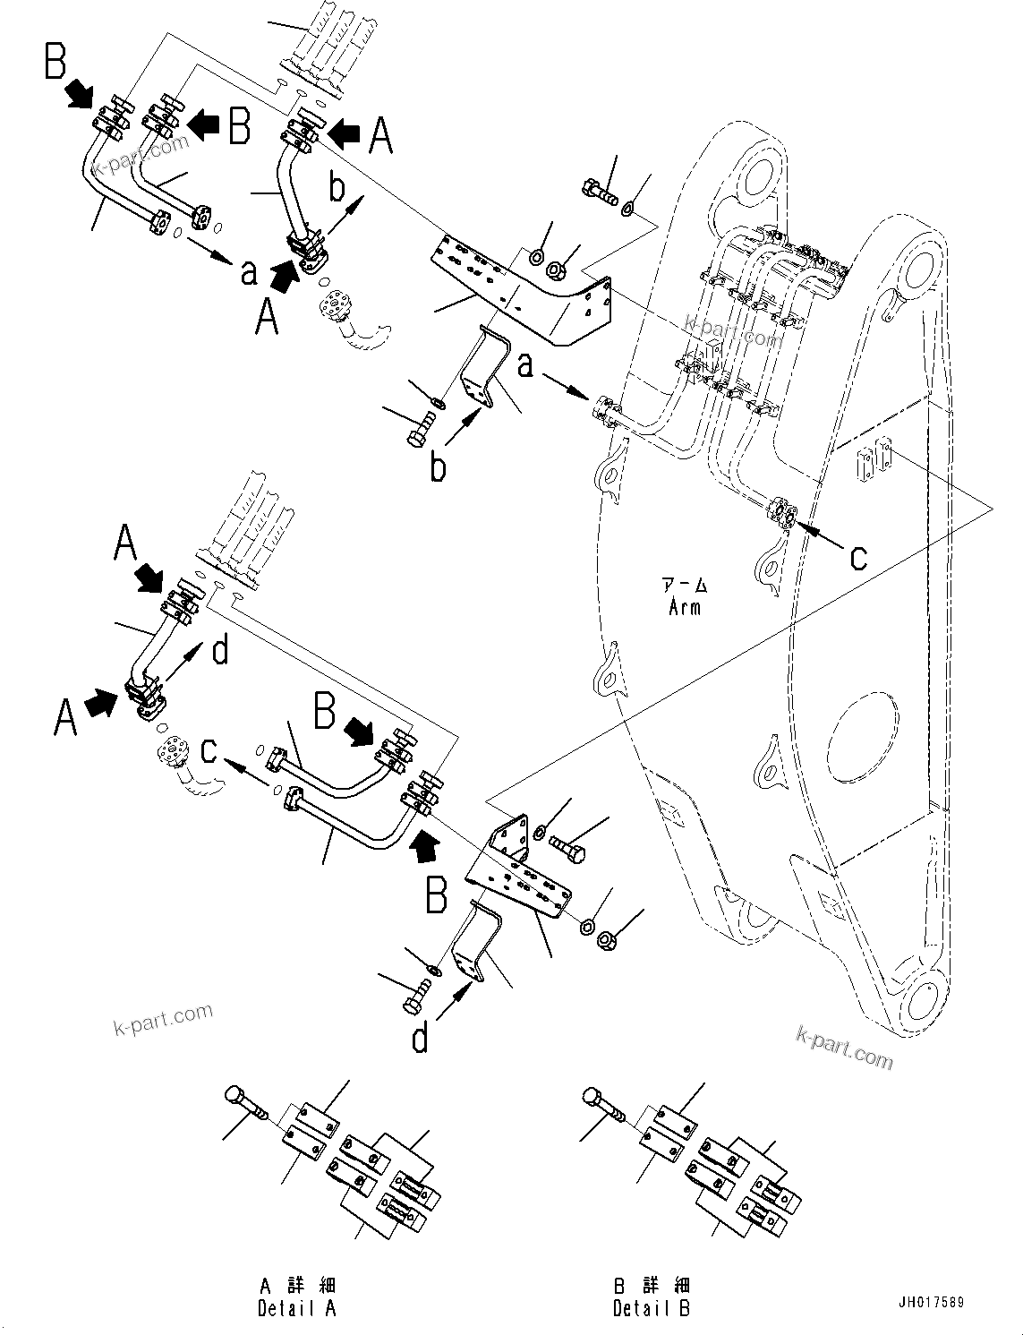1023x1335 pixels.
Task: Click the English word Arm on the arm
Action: tap(685, 607)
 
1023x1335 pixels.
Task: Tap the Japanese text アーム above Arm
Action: tap(685, 586)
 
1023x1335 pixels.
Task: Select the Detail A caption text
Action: tap(297, 1308)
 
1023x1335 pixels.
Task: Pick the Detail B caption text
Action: tap(652, 1308)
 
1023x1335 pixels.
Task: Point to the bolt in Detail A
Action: tap(245, 1103)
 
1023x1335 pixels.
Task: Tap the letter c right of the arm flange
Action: tap(858, 557)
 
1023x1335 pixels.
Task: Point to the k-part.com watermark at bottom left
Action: tap(163, 1017)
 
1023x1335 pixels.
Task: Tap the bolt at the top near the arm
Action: tap(601, 191)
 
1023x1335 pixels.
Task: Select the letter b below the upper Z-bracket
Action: tap(438, 466)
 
